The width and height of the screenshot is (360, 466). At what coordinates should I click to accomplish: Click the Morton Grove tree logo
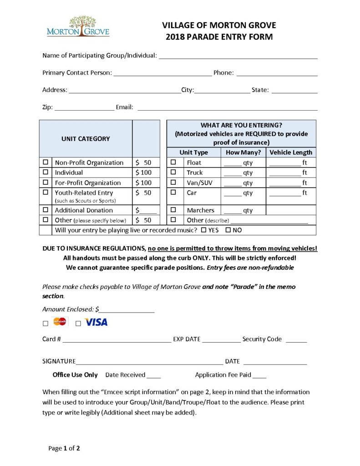click(x=78, y=26)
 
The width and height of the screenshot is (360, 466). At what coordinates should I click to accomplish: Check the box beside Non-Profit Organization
click(x=46, y=162)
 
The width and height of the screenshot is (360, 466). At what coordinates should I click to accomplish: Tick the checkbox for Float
click(x=173, y=162)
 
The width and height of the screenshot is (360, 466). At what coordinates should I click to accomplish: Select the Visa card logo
click(x=96, y=322)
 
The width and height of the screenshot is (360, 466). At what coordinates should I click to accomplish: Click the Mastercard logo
click(x=61, y=322)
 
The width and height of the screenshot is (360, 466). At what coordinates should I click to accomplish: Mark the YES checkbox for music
click(x=203, y=230)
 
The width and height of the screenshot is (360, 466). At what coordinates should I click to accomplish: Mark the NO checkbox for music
click(x=228, y=230)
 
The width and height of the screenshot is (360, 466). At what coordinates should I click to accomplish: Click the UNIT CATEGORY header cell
click(x=86, y=138)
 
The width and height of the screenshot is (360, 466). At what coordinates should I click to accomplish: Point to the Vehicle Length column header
click(x=291, y=152)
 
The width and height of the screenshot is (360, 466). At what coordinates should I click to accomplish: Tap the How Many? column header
click(x=243, y=152)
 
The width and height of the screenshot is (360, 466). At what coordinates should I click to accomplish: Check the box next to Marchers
click(x=173, y=210)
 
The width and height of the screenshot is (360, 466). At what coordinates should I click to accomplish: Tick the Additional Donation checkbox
click(x=46, y=210)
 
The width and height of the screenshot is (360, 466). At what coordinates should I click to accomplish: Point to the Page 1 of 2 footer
click(x=64, y=448)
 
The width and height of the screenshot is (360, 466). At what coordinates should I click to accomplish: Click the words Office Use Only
click(x=75, y=375)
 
